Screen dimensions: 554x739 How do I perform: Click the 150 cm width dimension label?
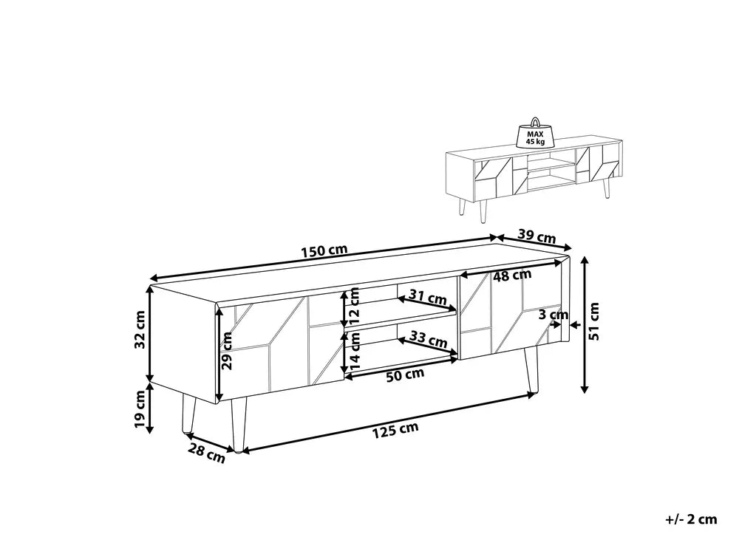(x=324, y=251)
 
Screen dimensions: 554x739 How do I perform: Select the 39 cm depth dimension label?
(x=536, y=237)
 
